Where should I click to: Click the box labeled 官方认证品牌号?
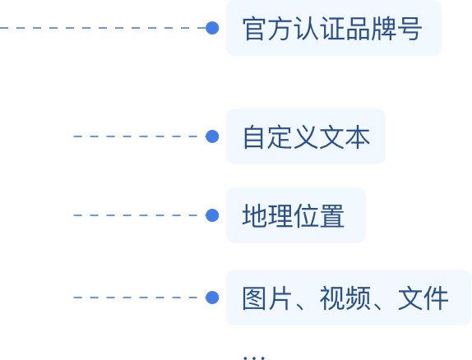tap(334, 28)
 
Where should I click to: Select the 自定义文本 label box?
tap(306, 136)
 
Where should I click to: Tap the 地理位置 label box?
tap(296, 215)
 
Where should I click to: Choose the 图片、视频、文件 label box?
tap(349, 298)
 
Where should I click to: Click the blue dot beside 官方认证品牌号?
tap(212, 28)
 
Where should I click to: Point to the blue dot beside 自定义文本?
tap(212, 136)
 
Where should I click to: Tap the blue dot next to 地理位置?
tap(212, 215)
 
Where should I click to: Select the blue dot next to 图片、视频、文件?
tap(212, 298)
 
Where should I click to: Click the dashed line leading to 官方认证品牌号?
tap(103, 28)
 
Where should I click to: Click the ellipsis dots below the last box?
tap(254, 358)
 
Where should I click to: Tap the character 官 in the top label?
tap(255, 29)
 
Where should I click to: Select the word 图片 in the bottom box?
tap(266, 298)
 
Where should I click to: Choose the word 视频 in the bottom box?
tap(345, 298)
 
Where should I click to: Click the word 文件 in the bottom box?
tap(423, 298)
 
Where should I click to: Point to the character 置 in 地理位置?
tap(332, 215)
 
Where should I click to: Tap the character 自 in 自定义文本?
tap(254, 137)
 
